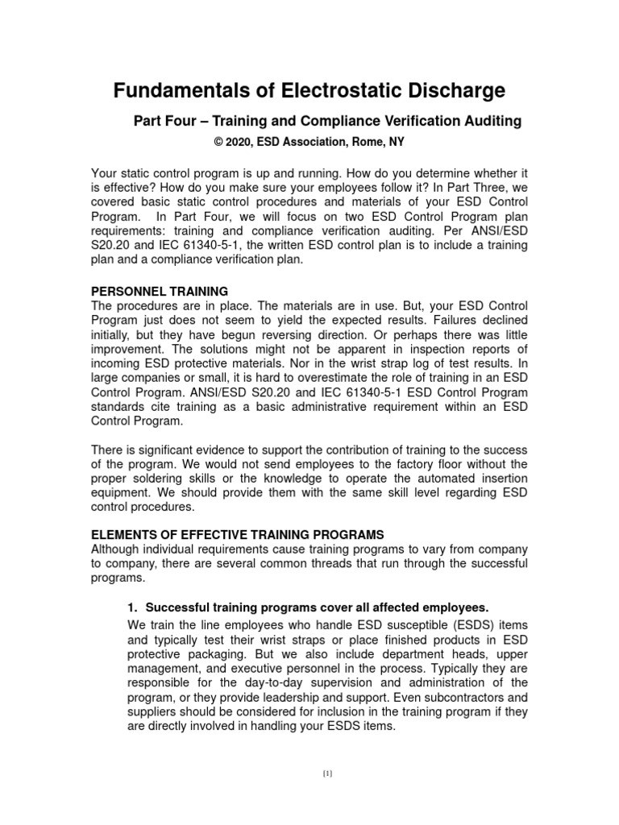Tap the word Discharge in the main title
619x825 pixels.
449,89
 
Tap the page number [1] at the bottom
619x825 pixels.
327,774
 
